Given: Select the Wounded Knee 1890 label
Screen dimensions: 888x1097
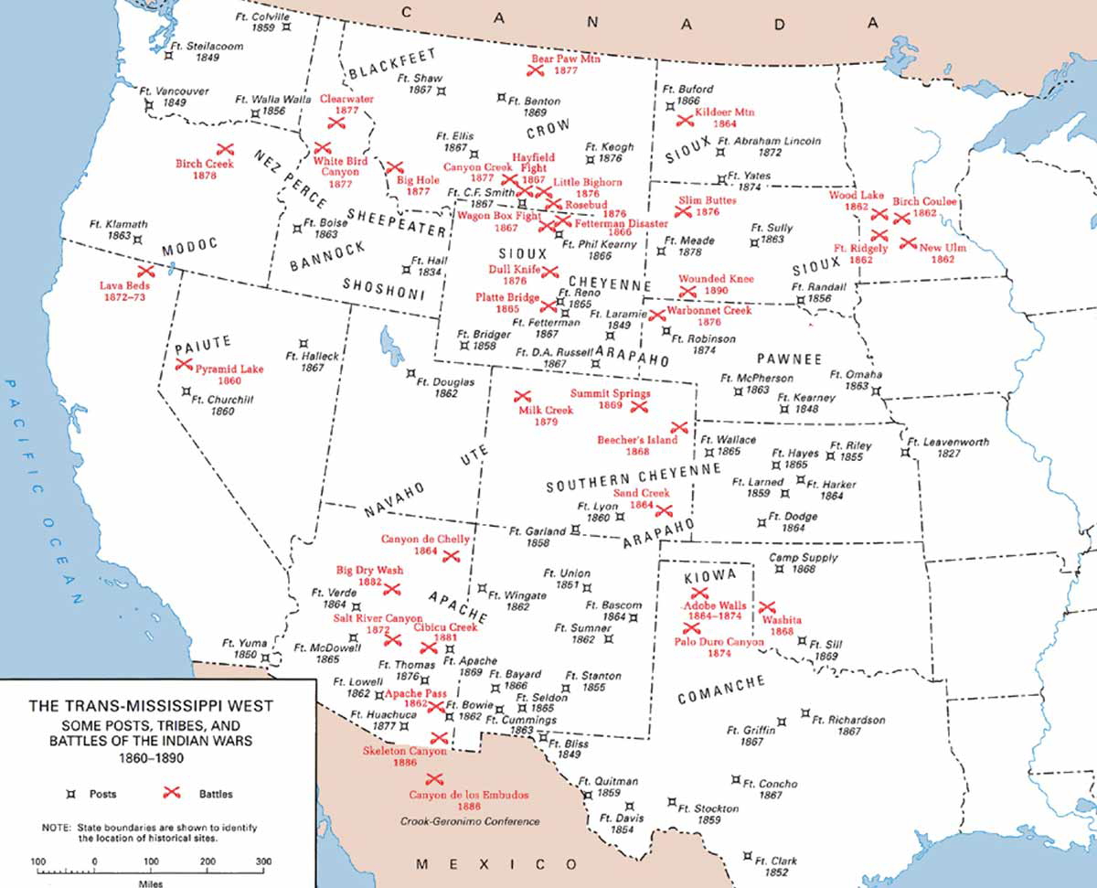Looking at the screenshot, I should (716, 284).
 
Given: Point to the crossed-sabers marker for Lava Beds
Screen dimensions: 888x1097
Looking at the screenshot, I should (144, 272).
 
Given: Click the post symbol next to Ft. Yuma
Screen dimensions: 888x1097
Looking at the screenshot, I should (264, 657).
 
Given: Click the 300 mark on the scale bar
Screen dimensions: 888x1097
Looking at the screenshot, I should (263, 861).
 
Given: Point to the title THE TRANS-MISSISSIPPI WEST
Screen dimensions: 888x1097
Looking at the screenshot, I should (151, 706).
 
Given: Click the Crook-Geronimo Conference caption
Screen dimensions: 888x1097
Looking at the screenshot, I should (470, 821).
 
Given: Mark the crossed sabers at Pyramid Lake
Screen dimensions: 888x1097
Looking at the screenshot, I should (183, 364).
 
